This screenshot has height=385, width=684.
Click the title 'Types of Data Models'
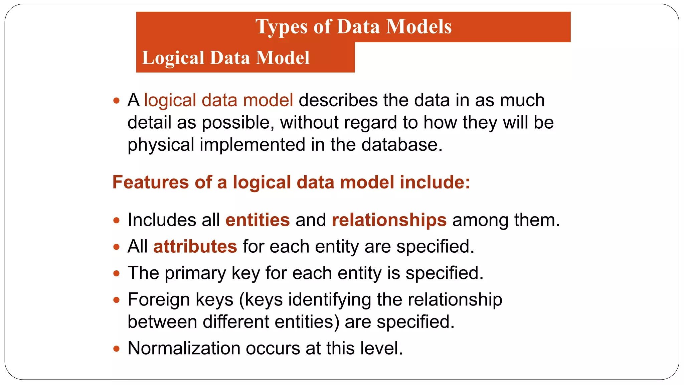(353, 27)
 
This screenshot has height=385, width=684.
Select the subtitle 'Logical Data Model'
(226, 57)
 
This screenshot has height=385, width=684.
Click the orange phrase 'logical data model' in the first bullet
(218, 100)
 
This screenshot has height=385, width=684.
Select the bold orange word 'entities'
(258, 220)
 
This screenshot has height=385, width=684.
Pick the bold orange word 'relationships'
(389, 220)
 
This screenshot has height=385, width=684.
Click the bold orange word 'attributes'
(195, 247)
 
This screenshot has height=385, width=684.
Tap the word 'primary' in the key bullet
(195, 273)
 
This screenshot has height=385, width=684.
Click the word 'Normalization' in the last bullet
(184, 348)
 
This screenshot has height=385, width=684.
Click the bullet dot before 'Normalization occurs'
(116, 349)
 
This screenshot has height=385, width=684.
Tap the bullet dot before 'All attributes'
(116, 247)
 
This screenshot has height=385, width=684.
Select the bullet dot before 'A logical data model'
(116, 101)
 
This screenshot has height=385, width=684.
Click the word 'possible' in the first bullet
(238, 123)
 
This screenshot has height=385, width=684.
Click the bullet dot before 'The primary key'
(116, 274)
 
